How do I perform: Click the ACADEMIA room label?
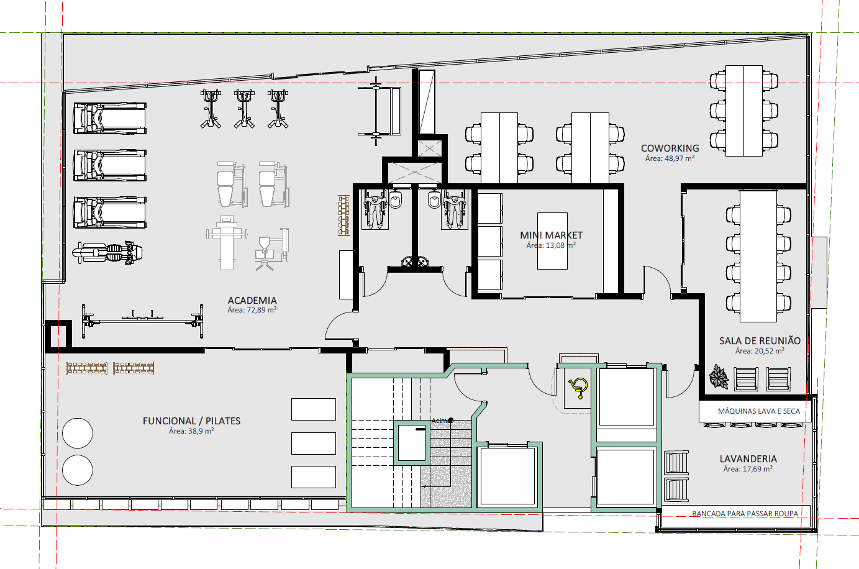coord(252,301)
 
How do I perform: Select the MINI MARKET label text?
coord(551,235)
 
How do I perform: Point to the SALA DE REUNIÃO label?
coord(760,341)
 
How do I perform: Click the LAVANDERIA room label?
coord(748,459)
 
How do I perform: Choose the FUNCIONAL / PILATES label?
coord(191,421)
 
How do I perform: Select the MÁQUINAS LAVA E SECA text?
coord(759,411)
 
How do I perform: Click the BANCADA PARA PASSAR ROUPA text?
coord(745,513)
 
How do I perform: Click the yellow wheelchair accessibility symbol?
coord(578,388)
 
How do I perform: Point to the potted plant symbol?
coord(719,376)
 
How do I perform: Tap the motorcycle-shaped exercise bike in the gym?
coord(107,253)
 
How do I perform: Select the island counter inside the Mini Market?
coord(552,241)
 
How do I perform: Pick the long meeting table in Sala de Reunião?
coord(758,256)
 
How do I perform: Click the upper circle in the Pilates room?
coord(78,433)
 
